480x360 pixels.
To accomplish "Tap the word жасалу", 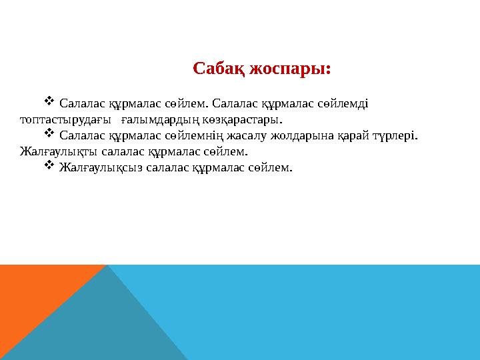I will [x=267, y=136].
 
